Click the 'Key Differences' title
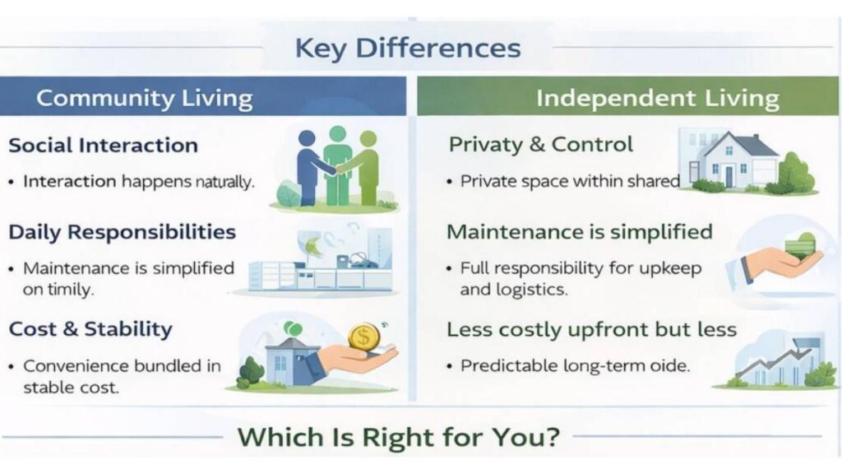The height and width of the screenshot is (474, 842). click(407, 48)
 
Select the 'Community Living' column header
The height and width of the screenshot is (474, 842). click(144, 98)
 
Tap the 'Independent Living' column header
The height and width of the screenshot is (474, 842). click(657, 99)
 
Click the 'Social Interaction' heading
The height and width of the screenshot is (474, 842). click(103, 146)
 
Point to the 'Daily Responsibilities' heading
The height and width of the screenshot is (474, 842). click(122, 232)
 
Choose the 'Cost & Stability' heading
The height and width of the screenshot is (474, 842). click(90, 329)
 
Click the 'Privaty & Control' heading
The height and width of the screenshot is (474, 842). click(540, 145)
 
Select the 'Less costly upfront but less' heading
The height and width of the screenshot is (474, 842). click(591, 330)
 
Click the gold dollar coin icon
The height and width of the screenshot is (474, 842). click(363, 336)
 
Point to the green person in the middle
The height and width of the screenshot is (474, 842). click(337, 164)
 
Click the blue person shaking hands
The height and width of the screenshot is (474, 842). click(309, 165)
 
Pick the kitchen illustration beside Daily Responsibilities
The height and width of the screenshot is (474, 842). click(325, 262)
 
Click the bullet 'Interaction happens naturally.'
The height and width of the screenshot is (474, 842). click(138, 182)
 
